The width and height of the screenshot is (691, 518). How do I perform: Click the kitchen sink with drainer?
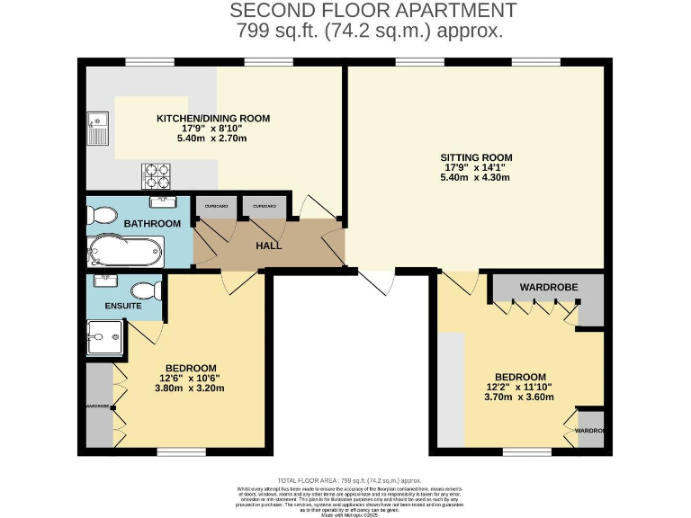pyautogui.click(x=97, y=129)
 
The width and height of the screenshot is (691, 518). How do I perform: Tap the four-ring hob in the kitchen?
pyautogui.click(x=157, y=174)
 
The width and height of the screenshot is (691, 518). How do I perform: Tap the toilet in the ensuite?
pyautogui.click(x=145, y=290)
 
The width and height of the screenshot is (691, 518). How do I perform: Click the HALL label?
pyautogui.click(x=268, y=246)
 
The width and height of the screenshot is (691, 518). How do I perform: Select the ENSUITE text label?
pyautogui.click(x=122, y=307)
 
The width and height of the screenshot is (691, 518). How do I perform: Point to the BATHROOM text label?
pyautogui.click(x=152, y=223)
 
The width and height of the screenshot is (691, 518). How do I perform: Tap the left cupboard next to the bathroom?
pyautogui.click(x=216, y=207)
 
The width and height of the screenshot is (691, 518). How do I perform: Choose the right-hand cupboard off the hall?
pyautogui.click(x=264, y=207)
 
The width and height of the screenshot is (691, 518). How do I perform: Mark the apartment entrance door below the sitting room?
pyautogui.click(x=376, y=282)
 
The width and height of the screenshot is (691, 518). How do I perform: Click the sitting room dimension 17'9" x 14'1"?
pyautogui.click(x=476, y=166)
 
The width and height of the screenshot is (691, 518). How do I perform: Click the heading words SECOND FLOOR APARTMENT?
pyautogui.click(x=373, y=11)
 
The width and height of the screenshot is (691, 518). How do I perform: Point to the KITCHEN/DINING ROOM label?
pyautogui.click(x=213, y=118)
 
